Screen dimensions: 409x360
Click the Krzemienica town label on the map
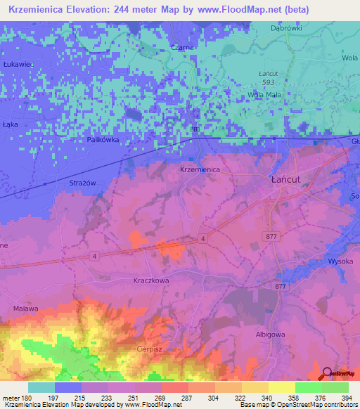coord(200,170)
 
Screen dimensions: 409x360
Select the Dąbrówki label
coord(285,29)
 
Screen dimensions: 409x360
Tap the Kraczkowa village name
coord(150,280)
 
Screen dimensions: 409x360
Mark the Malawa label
coord(25,309)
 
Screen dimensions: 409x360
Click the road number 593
coord(266,83)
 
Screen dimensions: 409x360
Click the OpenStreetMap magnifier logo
coord(326,373)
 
